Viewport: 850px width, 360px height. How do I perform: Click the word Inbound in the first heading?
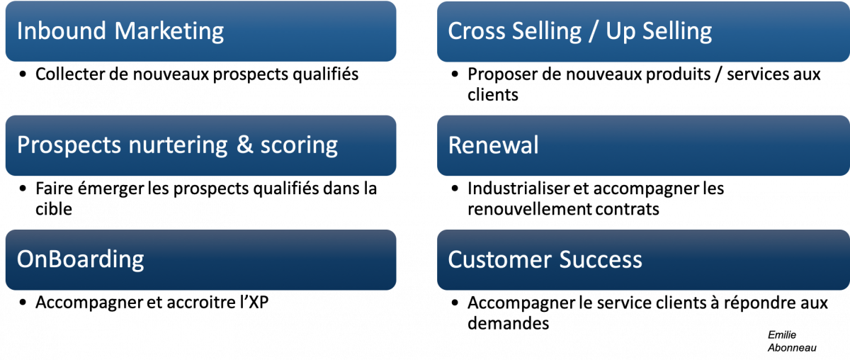(x=62, y=30)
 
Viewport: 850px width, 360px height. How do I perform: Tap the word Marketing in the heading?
(x=169, y=32)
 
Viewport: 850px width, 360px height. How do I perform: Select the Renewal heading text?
(x=493, y=145)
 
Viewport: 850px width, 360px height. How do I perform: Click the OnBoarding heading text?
(x=81, y=260)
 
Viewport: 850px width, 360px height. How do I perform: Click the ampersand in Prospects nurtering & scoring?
(x=245, y=145)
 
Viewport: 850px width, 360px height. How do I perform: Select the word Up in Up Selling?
(x=620, y=32)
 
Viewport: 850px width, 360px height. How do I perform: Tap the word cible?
(x=54, y=209)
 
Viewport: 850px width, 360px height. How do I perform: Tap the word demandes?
(x=508, y=323)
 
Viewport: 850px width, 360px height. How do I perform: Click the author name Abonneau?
(x=792, y=347)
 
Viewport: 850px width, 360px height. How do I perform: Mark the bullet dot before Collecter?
(x=23, y=74)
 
